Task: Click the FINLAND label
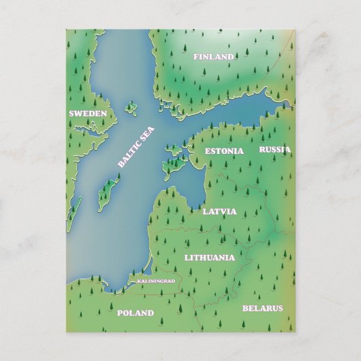click(213, 57)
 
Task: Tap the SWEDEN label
click(88, 113)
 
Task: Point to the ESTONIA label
click(223, 151)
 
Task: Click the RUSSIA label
click(274, 149)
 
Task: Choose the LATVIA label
click(219, 211)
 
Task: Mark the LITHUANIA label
click(209, 257)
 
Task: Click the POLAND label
click(135, 313)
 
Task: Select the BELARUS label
click(262, 308)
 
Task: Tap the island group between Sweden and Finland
click(130, 108)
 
